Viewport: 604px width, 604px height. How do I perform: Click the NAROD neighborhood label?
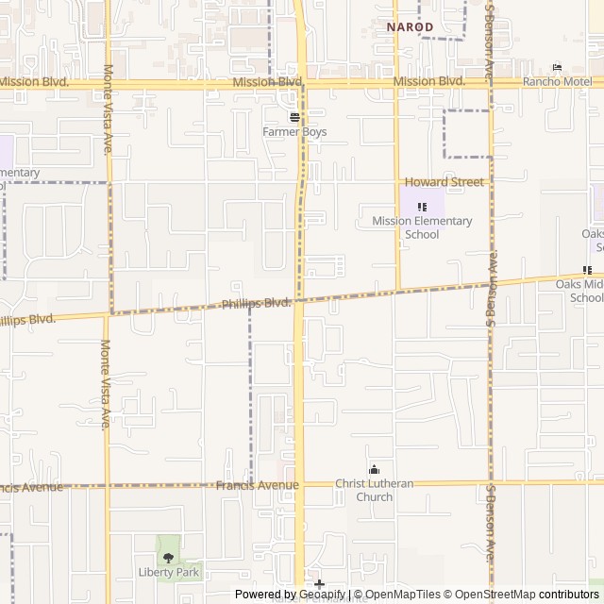tap(410, 27)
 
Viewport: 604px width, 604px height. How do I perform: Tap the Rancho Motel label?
tap(556, 81)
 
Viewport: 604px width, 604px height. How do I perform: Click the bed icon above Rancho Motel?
tap(557, 67)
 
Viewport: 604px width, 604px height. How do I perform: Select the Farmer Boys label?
tap(294, 132)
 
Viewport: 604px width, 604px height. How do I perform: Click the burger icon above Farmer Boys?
tap(294, 117)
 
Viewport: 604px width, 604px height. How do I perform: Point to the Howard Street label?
tap(444, 182)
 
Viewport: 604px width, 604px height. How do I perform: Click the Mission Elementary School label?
tap(422, 227)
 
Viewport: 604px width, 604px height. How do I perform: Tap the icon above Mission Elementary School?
tap(422, 207)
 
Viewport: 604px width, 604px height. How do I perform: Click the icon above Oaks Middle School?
tap(587, 270)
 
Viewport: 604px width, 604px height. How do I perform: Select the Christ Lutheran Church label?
tap(375, 491)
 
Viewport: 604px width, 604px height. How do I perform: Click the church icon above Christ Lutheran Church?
tap(374, 470)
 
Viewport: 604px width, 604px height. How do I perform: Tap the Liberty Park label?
tap(169, 572)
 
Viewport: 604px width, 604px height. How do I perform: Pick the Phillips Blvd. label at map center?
tap(256, 304)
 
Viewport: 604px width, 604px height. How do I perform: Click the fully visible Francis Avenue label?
tap(257, 485)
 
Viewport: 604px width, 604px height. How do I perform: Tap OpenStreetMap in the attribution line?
tap(492, 595)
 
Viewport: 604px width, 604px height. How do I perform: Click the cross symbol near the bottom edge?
tap(319, 585)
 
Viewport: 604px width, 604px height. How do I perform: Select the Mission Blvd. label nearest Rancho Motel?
tap(429, 82)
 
